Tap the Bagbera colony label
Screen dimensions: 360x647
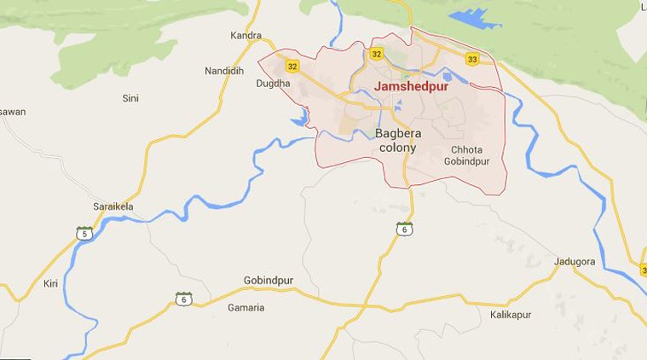tap(396, 141)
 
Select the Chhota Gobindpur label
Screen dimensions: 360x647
tap(471, 155)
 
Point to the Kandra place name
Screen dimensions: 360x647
tap(245, 36)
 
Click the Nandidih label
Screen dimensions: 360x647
tap(225, 71)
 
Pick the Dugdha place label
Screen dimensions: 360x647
tap(273, 84)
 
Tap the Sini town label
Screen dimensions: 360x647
tap(130, 99)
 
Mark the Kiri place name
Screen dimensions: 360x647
tap(50, 283)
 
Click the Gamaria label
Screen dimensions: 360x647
tap(246, 307)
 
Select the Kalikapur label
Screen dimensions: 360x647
tap(511, 315)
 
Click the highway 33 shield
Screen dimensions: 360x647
tap(471, 59)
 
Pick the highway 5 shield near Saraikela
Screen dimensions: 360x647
tap(84, 233)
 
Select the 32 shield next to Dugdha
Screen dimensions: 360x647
tap(293, 67)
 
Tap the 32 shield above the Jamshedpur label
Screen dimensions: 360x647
tap(377, 55)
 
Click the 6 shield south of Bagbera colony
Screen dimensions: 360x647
tap(404, 229)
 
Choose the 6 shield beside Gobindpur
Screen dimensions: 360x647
tap(183, 299)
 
